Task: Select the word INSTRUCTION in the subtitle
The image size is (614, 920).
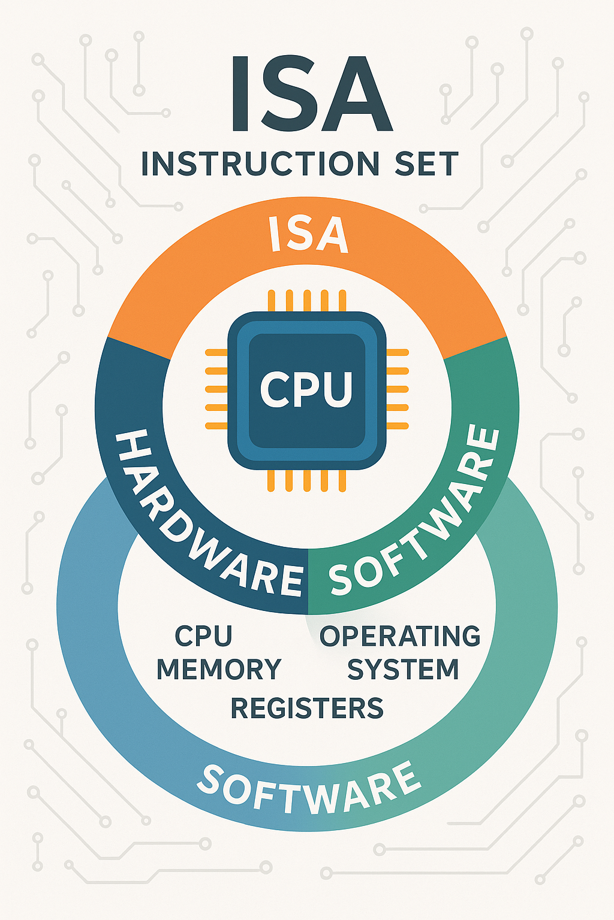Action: click(260, 164)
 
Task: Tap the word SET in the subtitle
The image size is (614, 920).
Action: click(426, 164)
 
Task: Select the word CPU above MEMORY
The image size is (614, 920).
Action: click(203, 636)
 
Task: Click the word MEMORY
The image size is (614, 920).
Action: click(219, 669)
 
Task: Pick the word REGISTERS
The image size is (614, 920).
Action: click(306, 708)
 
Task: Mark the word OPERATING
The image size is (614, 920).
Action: click(400, 636)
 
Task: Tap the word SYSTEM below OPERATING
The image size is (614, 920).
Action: click(403, 669)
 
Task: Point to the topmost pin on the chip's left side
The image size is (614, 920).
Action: click(216, 353)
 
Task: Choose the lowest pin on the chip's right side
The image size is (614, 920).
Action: click(397, 426)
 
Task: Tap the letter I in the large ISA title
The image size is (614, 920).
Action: click(240, 95)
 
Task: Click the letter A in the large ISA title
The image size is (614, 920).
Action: click(357, 95)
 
